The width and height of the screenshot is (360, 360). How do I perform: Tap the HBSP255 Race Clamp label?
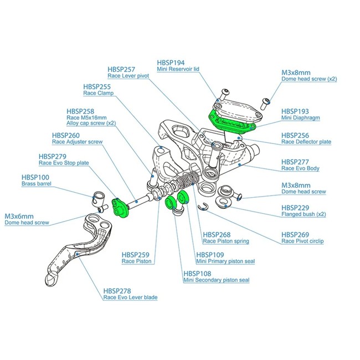(x=97, y=90)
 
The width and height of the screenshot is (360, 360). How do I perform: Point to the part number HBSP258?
(x=81, y=111)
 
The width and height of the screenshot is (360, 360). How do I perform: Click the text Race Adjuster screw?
(x=77, y=142)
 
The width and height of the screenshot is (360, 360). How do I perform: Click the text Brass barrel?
(x=37, y=183)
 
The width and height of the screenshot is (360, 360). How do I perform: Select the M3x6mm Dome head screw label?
(x=26, y=219)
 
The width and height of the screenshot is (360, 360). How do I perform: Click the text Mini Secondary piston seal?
(x=216, y=280)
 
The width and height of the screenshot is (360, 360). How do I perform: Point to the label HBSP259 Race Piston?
(x=137, y=258)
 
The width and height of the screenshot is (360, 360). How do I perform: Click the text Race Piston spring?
(x=226, y=241)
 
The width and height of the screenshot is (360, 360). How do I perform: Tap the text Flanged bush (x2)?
(x=304, y=214)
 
